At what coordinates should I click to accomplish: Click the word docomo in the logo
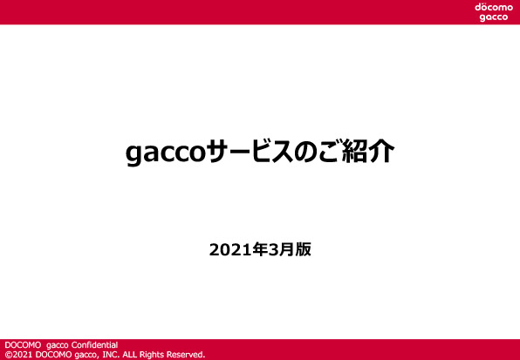pyautogui.click(x=494, y=7)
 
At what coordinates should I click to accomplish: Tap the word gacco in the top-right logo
pyautogui.click(x=494, y=17)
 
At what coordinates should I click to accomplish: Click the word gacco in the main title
pyautogui.click(x=165, y=153)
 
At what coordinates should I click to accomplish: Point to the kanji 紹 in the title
pyautogui.click(x=354, y=152)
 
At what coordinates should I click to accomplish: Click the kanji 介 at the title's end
pyautogui.click(x=381, y=152)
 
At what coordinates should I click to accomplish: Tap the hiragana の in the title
pyautogui.click(x=305, y=153)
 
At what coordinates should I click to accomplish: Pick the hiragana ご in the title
pyautogui.click(x=329, y=152)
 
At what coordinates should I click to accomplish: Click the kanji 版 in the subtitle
pyautogui.click(x=303, y=249)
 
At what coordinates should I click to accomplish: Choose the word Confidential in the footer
pyautogui.click(x=94, y=345)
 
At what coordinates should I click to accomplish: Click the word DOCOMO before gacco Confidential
pyautogui.click(x=23, y=345)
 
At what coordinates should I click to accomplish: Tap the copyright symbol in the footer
pyautogui.click(x=8, y=355)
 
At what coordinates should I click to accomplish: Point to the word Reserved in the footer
pyautogui.click(x=185, y=355)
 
